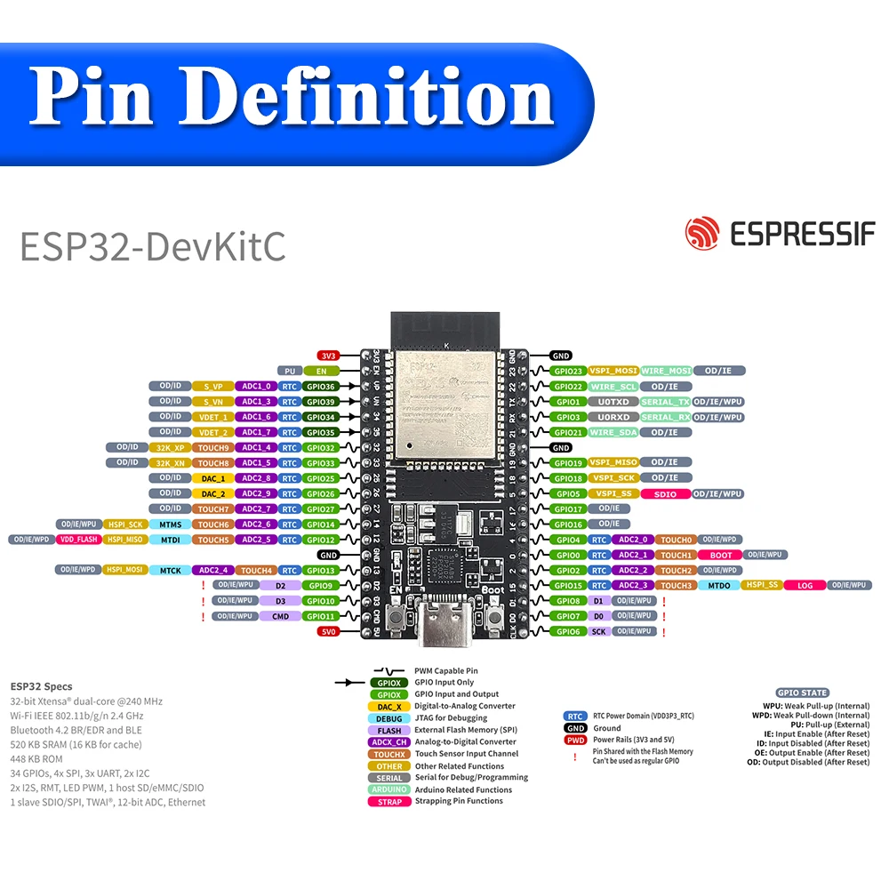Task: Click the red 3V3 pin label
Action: click(x=328, y=356)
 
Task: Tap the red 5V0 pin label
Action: click(x=328, y=632)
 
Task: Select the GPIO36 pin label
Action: click(x=321, y=387)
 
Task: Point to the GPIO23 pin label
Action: click(x=567, y=371)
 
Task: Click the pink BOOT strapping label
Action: click(x=721, y=555)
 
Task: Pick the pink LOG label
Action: click(x=805, y=586)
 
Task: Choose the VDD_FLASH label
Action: click(x=78, y=540)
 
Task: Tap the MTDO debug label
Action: click(x=719, y=586)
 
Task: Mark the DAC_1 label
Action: click(x=213, y=478)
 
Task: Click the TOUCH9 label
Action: click(x=213, y=448)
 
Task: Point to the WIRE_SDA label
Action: click(x=615, y=433)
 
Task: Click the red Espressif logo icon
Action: click(x=701, y=233)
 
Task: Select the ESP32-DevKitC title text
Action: click(x=153, y=246)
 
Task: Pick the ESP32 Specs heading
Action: click(x=42, y=686)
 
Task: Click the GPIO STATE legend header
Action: click(x=802, y=693)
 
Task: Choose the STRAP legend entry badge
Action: click(x=388, y=801)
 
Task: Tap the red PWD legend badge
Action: click(x=575, y=740)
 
